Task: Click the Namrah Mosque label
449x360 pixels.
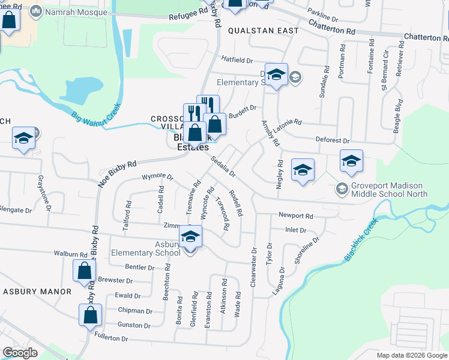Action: tap(70, 11)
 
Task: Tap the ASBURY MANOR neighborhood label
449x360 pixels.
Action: tap(37, 292)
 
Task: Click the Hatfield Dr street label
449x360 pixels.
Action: tap(238, 60)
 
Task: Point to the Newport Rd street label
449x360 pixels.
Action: tap(296, 215)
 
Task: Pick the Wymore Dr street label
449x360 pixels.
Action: tap(157, 178)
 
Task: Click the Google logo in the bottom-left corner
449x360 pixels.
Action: tap(20, 353)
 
